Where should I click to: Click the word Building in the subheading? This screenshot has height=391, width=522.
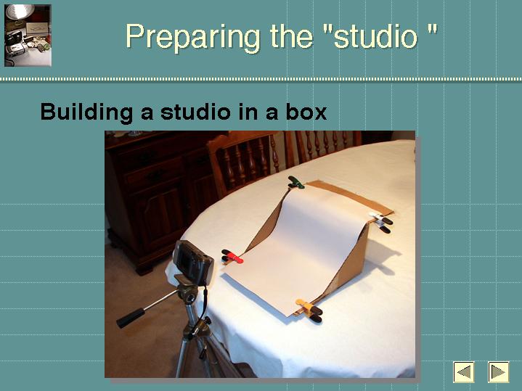(86, 112)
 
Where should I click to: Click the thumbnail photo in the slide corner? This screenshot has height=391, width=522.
(28, 36)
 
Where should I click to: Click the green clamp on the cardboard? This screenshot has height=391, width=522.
(295, 182)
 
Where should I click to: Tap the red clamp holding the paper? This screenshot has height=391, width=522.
(232, 256)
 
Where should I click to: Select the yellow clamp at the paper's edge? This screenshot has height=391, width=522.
(309, 310)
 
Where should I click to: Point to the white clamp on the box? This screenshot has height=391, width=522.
(381, 222)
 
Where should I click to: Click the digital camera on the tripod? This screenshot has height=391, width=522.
(193, 262)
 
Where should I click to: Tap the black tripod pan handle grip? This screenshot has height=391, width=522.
(131, 318)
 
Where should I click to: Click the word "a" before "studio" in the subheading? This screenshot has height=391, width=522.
(147, 113)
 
